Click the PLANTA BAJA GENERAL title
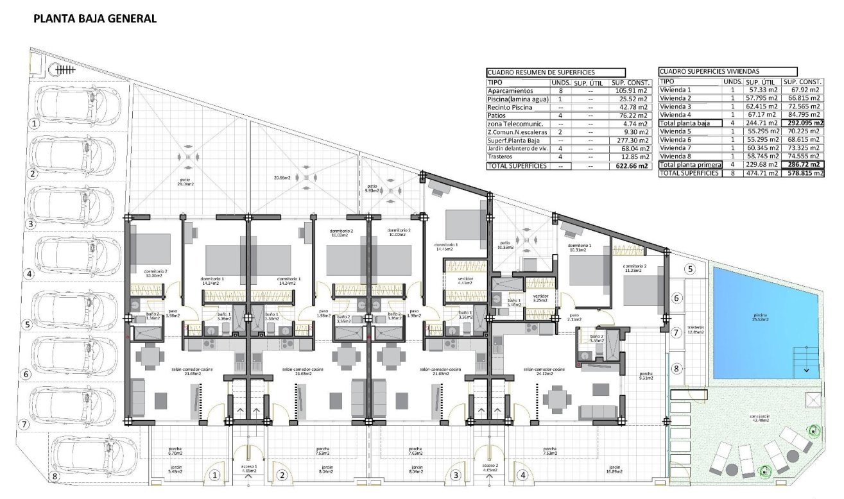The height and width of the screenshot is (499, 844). (94, 19)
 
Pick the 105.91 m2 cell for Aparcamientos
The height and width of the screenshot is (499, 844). (629, 91)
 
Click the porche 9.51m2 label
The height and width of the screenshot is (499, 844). (645, 376)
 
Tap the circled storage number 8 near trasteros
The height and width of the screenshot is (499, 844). (675, 369)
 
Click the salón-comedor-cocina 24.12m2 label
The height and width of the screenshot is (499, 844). (543, 371)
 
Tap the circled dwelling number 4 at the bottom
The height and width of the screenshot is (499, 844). (524, 475)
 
